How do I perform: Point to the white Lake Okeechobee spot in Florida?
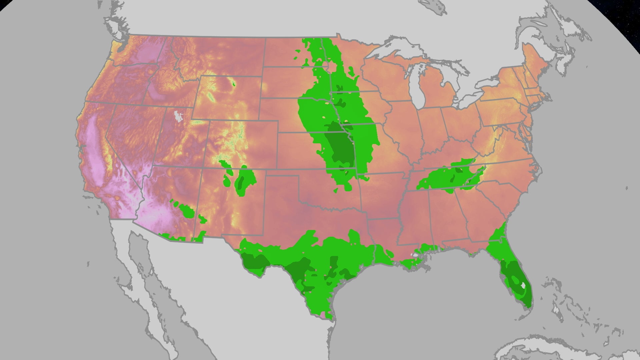tap(523, 285)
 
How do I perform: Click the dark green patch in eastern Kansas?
tap(340, 147)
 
